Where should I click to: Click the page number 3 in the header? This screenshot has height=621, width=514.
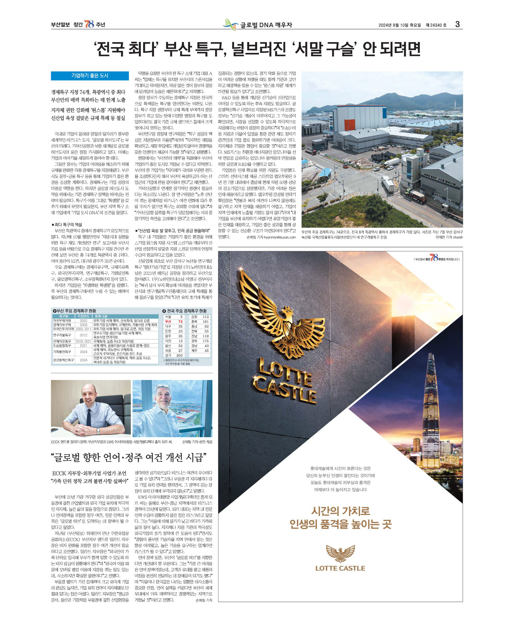coord(457,24)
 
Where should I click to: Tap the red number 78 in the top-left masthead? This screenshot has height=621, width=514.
coord(89,24)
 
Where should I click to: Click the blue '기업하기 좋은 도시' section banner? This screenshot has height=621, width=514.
coord(90,76)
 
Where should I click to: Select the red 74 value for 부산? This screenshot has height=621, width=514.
coord(180,321)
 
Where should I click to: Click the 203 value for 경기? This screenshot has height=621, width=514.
coord(179,355)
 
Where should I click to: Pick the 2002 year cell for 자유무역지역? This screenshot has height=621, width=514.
coord(83,320)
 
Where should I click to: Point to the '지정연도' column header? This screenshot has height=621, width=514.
coord(83,316)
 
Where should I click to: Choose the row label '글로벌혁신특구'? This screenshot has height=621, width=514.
coord(63,360)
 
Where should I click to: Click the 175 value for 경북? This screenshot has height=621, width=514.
coord(206,341)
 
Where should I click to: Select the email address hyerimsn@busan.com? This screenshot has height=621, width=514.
coord(280,237)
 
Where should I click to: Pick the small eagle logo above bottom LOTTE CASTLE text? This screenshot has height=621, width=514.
coord(340,554)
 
